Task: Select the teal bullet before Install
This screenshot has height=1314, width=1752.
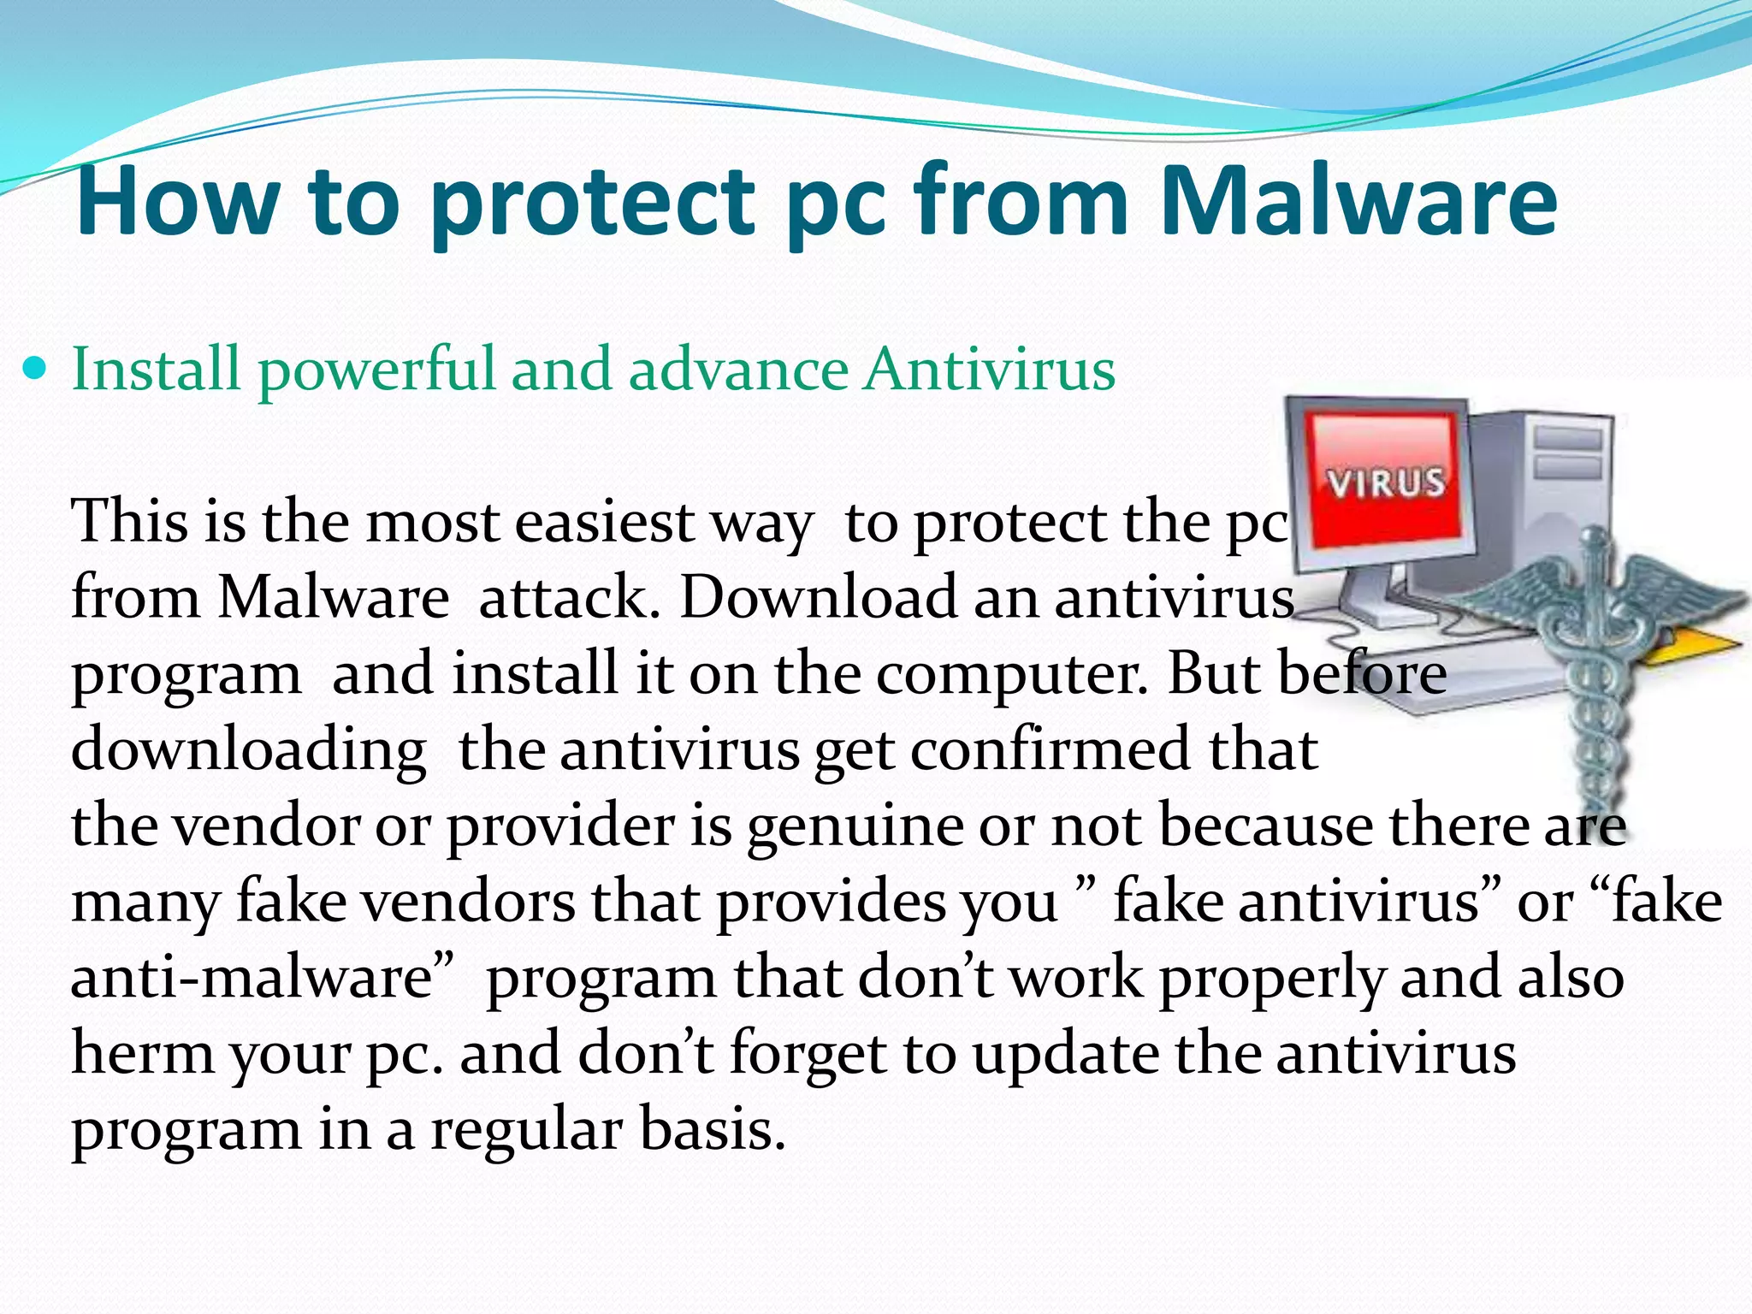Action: coord(35,370)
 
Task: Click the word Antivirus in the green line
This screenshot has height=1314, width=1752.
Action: coord(989,370)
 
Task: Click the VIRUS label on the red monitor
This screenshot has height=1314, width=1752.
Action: coord(1386,482)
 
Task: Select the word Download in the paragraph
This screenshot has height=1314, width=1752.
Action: coord(817,597)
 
